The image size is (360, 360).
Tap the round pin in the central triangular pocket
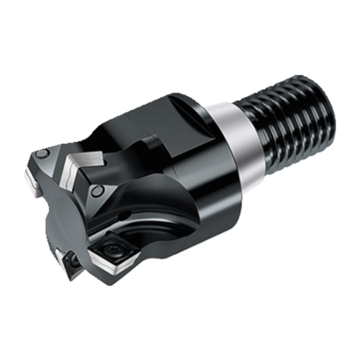point(97,192)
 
